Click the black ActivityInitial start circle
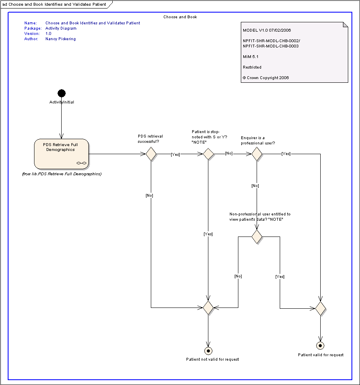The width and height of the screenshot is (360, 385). [62, 93]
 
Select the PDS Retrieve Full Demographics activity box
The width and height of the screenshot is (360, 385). [61, 154]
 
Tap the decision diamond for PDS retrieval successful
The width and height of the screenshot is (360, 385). [151, 154]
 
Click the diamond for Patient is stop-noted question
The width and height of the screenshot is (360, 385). [208, 154]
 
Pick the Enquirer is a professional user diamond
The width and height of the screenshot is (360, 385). [257, 154]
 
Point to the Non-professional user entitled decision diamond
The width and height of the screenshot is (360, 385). [257, 237]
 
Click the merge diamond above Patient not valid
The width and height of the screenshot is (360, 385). [208, 308]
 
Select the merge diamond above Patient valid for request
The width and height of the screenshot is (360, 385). [321, 308]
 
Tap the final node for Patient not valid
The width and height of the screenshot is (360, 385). [208, 351]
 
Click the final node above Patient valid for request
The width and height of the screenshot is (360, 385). [320, 346]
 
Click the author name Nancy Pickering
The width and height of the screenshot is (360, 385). [61, 39]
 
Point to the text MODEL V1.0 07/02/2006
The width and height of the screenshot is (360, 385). [267, 30]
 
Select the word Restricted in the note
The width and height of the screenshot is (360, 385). [252, 67]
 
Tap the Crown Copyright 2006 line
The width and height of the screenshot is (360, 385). [266, 77]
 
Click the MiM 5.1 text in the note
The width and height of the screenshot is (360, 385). [251, 56]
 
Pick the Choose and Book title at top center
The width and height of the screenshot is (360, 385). [180, 17]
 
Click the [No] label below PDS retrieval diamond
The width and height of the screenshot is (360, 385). [149, 196]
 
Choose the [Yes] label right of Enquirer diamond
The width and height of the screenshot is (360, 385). [286, 154]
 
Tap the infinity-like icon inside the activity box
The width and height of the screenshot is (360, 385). [81, 163]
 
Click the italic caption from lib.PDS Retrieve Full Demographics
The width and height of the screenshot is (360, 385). [62, 174]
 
